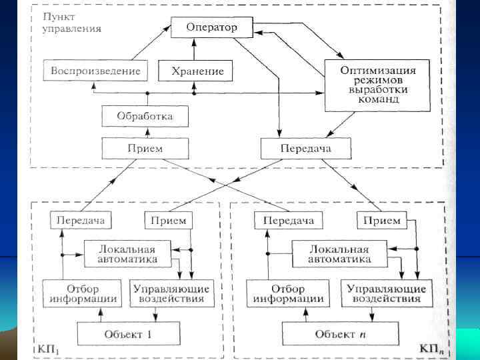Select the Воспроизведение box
[96, 70]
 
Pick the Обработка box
[145, 116]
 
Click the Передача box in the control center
[305, 147]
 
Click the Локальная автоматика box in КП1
[127, 253]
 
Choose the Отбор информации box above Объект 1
[81, 294]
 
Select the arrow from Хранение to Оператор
[194, 49]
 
